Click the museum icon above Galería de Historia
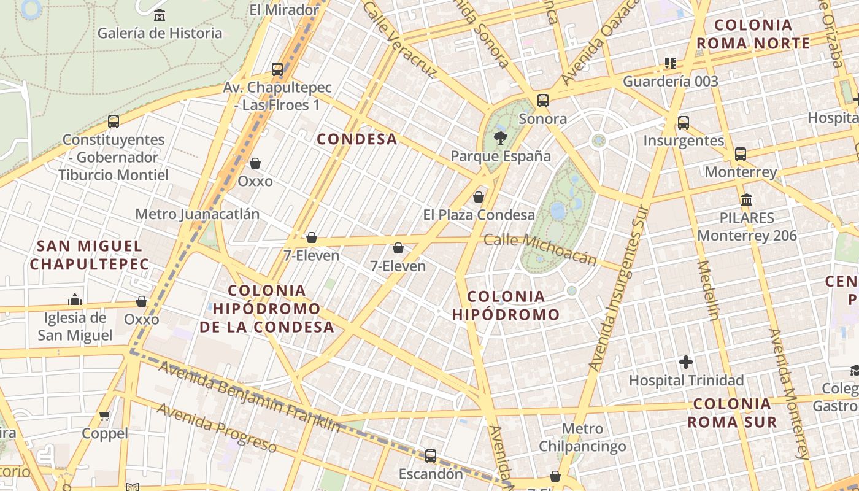pos(160,15)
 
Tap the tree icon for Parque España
pos(501,137)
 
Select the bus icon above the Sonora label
pos(542,100)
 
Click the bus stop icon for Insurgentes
pos(684,122)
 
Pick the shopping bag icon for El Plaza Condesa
pos(479,197)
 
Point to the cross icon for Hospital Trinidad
pos(686,362)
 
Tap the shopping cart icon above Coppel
pos(105,416)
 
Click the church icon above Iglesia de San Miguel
pos(75,300)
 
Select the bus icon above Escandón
pos(431,456)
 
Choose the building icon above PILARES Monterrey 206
pos(747,199)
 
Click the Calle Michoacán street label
pos(540,249)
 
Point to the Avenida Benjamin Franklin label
pos(248,396)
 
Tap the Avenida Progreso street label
pos(217,427)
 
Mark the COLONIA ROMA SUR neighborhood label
pos(732,413)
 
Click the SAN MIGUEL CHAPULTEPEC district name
pos(90,255)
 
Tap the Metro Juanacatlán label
pos(197,214)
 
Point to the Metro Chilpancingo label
pos(582,437)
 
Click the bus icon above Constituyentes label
pos(114,121)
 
